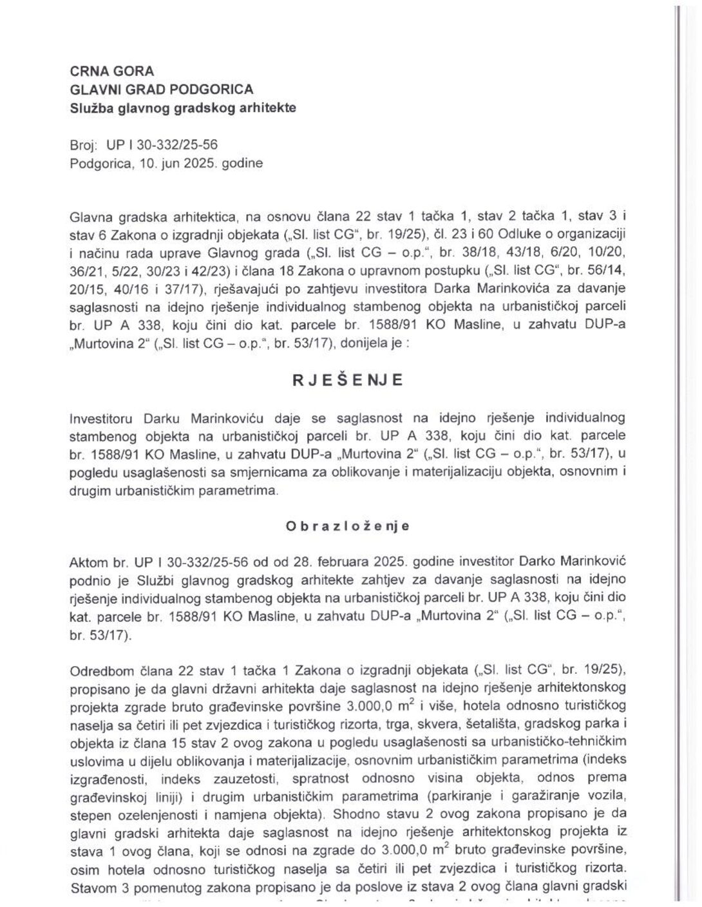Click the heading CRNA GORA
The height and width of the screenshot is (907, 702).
point(112,72)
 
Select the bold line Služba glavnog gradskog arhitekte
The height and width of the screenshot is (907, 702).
point(183,108)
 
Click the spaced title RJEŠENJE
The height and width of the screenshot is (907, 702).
point(348,380)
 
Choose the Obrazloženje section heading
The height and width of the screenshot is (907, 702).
point(348,526)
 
